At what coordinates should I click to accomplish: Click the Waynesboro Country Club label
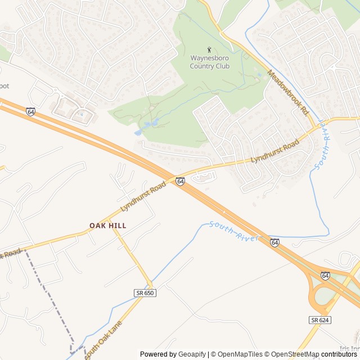(x=210, y=62)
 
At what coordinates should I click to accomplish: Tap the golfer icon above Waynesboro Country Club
(x=210, y=50)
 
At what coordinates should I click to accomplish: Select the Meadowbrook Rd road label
(x=289, y=93)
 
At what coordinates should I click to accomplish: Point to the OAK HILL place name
(x=108, y=226)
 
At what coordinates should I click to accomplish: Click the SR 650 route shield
(x=145, y=293)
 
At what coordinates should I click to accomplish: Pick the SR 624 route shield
(x=319, y=320)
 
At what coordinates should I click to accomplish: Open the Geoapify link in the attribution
(x=192, y=354)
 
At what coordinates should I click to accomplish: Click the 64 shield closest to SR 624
(x=325, y=276)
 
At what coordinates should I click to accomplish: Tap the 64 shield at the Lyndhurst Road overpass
(x=180, y=181)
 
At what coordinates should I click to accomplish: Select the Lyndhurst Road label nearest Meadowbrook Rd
(x=274, y=152)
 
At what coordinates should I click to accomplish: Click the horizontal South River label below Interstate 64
(x=234, y=231)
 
